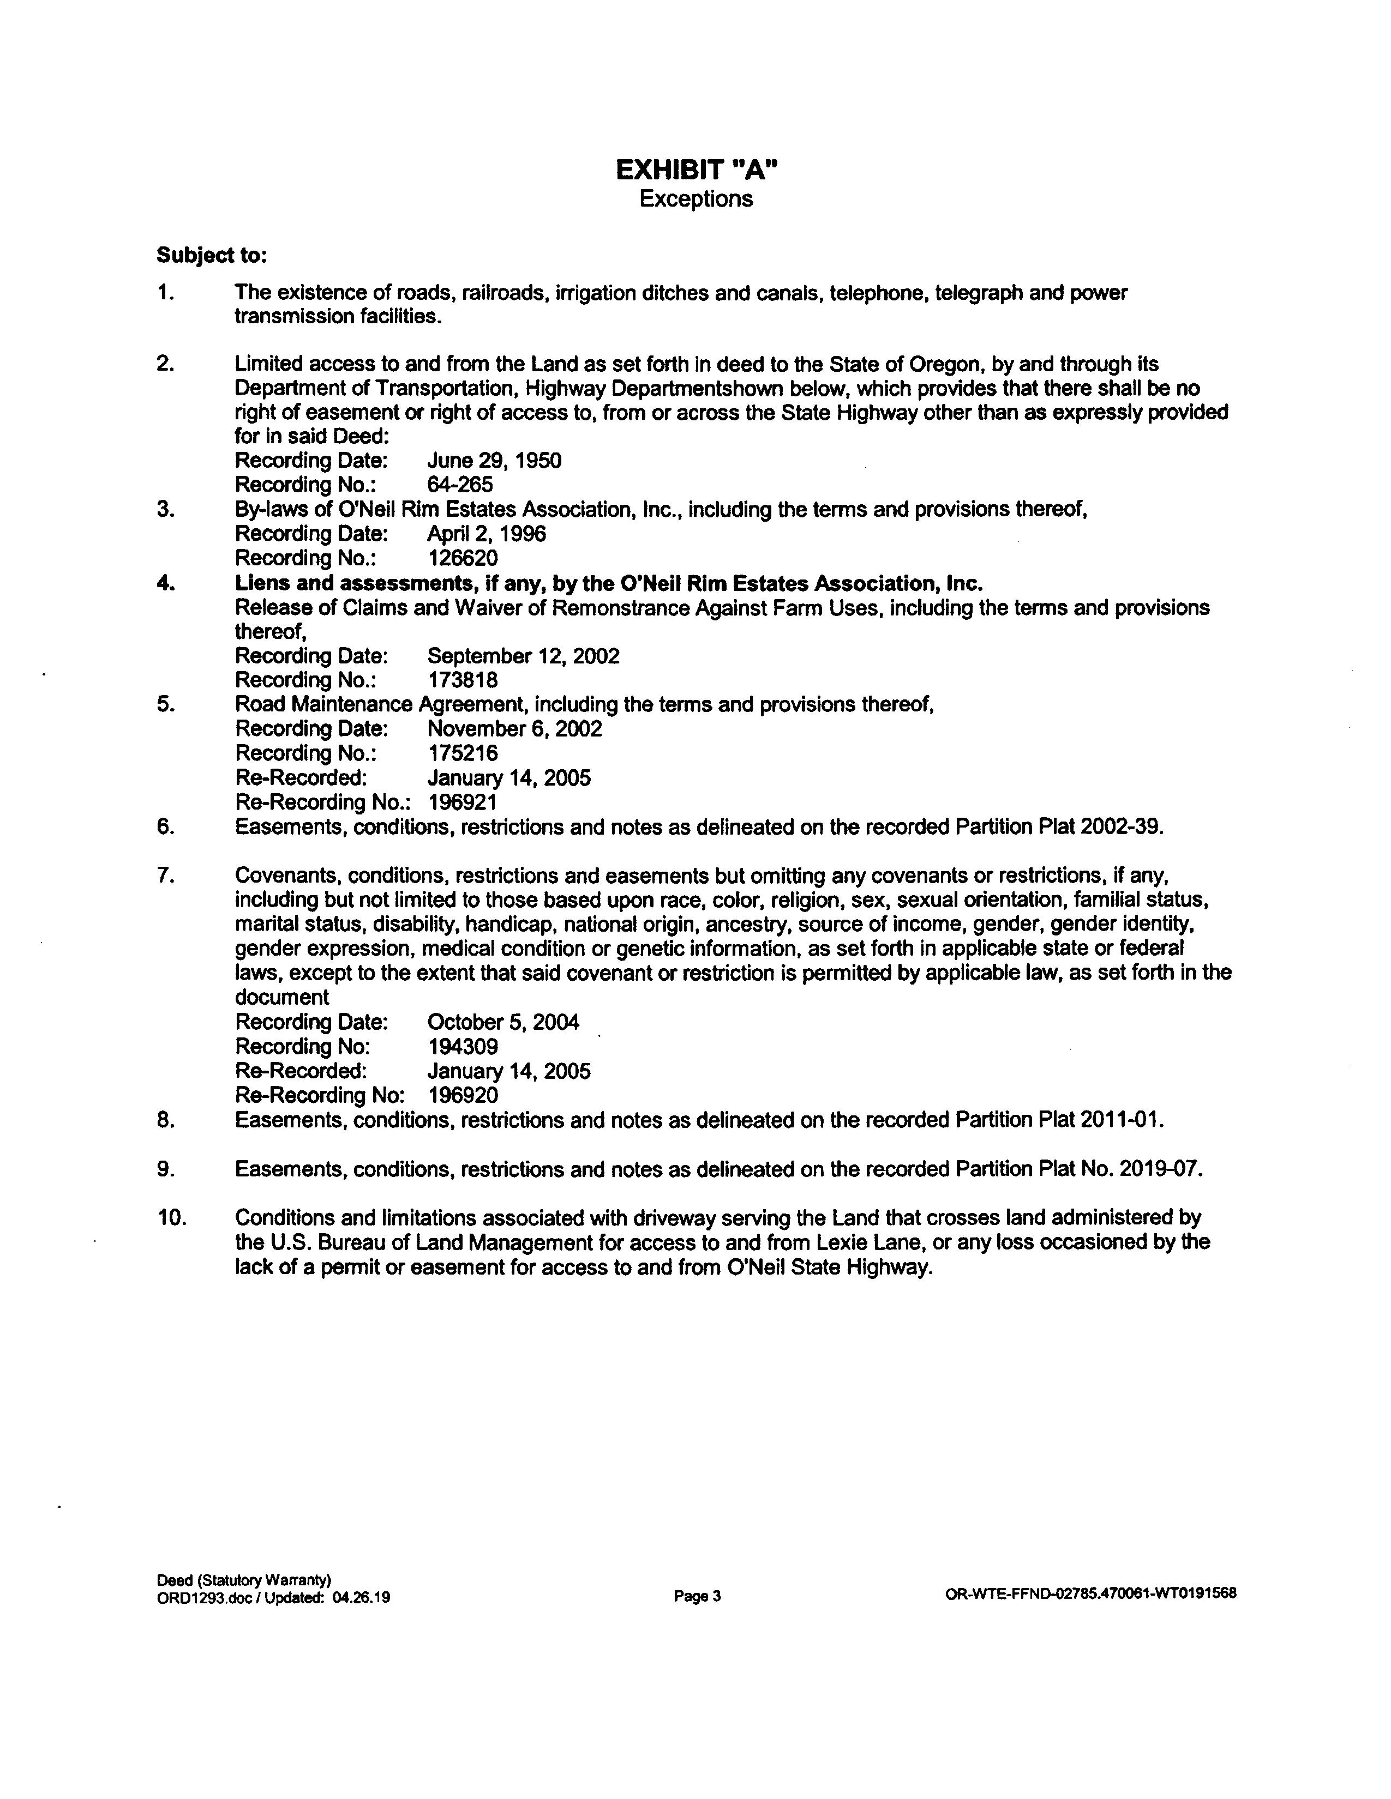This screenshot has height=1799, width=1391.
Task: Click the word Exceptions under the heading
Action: [697, 200]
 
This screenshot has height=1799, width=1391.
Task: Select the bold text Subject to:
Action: [212, 256]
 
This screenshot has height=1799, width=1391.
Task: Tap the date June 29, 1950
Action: [494, 461]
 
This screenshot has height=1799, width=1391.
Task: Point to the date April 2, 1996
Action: [486, 534]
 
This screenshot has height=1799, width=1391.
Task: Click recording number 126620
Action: [462, 558]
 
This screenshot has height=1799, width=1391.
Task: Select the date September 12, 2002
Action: [523, 656]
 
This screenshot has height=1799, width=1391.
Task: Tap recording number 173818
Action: [462, 680]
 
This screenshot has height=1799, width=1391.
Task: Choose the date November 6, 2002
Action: [514, 729]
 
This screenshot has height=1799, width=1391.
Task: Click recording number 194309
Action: [462, 1047]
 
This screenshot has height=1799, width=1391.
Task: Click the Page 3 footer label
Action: [697, 1596]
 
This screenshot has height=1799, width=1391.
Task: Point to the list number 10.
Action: [171, 1217]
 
